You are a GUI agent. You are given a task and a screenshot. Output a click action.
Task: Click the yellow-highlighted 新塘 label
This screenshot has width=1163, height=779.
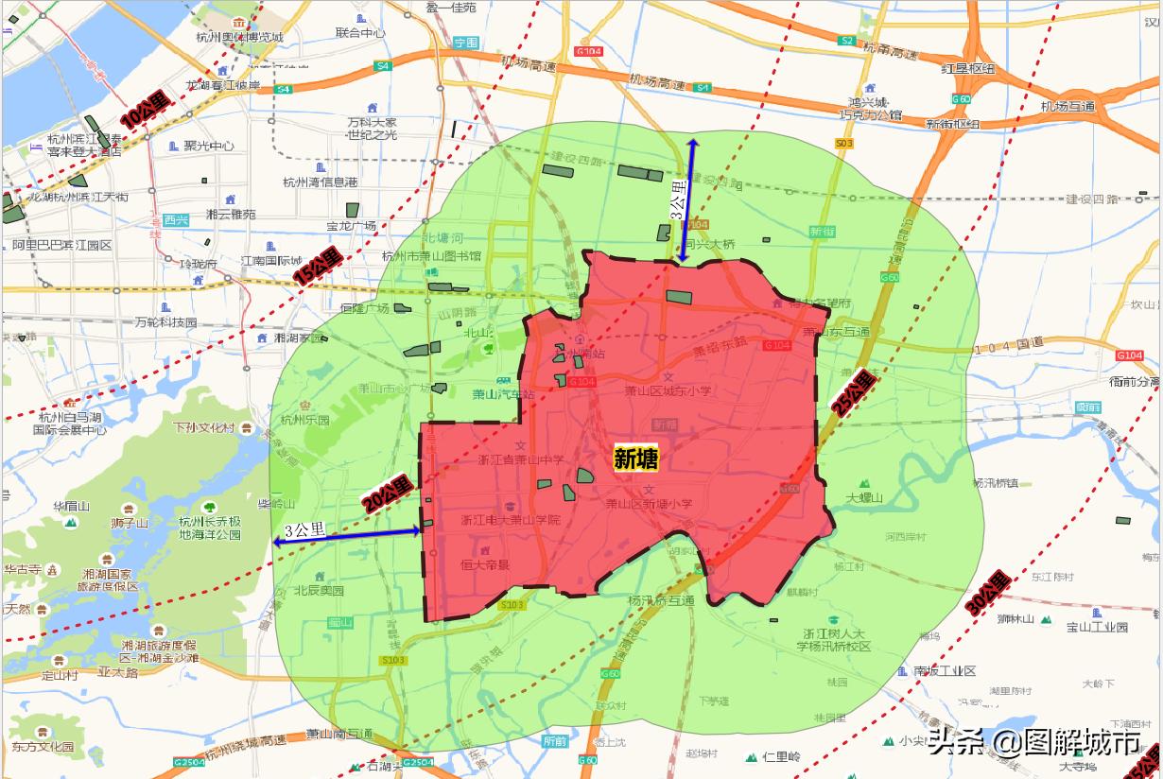point(635,459)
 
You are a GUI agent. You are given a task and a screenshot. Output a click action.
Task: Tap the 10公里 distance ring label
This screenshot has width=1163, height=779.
point(143,116)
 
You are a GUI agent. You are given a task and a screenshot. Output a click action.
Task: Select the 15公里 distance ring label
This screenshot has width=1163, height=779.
point(317,268)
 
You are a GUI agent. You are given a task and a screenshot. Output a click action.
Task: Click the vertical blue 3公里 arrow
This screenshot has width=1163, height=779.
point(687,199)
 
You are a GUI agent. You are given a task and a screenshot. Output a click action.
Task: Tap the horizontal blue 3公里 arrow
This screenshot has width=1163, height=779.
point(346,536)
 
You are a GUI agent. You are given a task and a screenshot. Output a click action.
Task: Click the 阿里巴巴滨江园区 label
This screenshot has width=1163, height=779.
point(62,245)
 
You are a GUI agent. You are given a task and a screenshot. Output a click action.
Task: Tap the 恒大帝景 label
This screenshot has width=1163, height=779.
point(484,564)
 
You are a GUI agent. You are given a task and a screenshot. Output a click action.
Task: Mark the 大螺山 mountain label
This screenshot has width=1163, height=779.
point(864,497)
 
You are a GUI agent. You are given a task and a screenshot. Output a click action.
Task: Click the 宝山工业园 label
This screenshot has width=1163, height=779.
point(1097,627)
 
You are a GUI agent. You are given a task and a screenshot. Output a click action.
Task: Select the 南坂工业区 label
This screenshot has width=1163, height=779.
point(944,670)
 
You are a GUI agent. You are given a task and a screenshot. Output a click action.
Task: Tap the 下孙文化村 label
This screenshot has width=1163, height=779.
point(203,427)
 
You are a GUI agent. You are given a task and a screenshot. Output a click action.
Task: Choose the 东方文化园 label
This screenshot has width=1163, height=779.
point(43,746)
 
